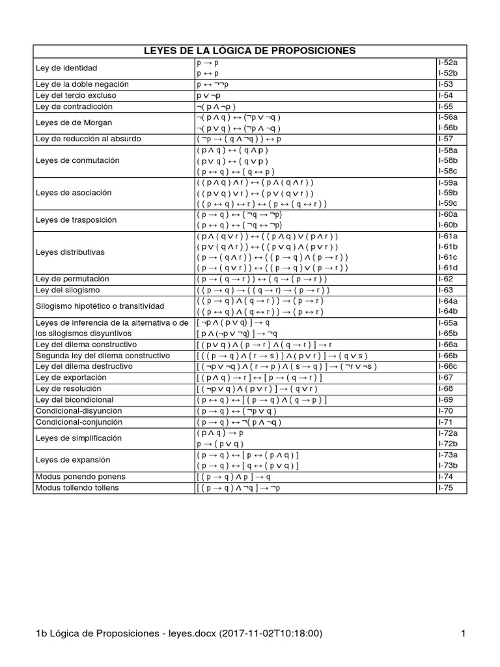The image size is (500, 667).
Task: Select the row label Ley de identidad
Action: coord(66,68)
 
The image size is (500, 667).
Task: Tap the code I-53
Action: coord(446,84)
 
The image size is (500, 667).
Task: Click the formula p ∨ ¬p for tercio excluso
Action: coord(212,95)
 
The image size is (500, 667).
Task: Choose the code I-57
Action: coord(446,139)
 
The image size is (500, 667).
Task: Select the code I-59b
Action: coord(448,193)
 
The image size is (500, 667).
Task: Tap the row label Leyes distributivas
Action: coord(70,251)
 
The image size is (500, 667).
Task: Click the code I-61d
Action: coord(448,267)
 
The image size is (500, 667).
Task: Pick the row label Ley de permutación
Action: coord(72,278)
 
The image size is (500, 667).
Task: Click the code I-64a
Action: coord(448,301)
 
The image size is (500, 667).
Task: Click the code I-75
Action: coord(446,487)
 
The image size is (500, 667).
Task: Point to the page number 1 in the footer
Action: coord(463,633)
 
